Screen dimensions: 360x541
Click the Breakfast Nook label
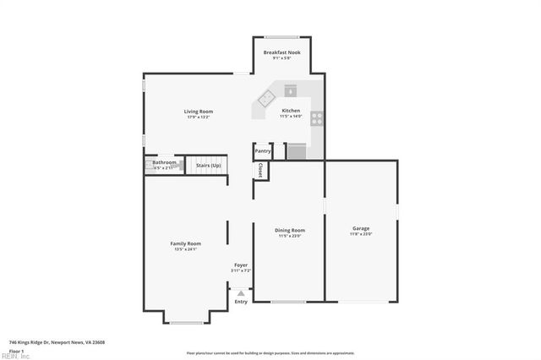(x=281, y=52)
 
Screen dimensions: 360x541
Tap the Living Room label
(x=199, y=112)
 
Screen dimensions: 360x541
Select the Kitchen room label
(x=291, y=111)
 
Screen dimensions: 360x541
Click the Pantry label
(x=263, y=151)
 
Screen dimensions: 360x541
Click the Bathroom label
(x=164, y=162)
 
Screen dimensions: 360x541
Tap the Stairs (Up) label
(x=208, y=166)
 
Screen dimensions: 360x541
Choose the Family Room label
(x=186, y=243)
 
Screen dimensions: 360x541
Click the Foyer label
(x=241, y=265)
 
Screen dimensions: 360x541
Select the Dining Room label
(x=290, y=230)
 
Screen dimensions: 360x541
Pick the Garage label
(x=361, y=228)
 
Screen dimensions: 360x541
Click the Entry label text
(x=241, y=302)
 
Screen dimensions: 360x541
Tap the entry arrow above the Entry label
(x=241, y=293)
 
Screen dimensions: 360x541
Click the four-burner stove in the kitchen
(x=316, y=118)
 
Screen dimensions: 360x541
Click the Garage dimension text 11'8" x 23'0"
(x=361, y=234)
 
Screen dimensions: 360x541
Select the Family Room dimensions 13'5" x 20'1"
(x=186, y=249)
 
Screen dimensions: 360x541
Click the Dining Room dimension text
(x=290, y=236)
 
